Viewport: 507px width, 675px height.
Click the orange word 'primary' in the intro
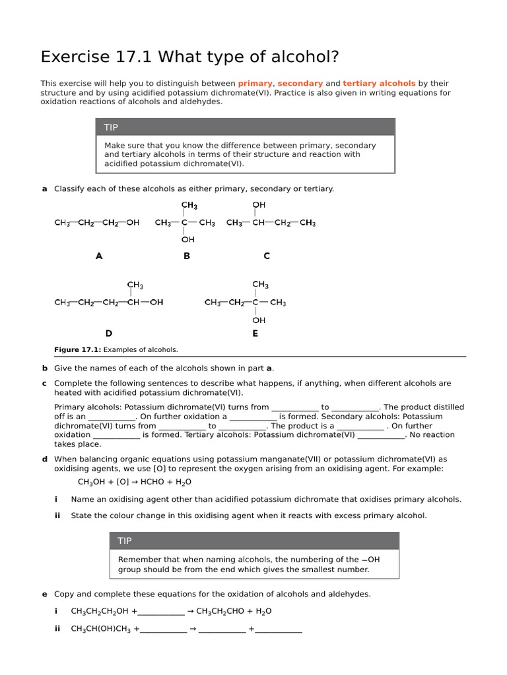(x=255, y=84)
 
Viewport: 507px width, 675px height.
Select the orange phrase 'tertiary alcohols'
(x=379, y=84)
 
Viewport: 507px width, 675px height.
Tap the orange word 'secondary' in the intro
(x=300, y=84)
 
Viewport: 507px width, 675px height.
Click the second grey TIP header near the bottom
(x=125, y=541)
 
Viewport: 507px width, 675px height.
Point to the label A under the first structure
(x=99, y=256)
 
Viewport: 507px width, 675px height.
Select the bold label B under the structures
(x=187, y=256)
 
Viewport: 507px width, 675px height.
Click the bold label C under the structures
(x=267, y=256)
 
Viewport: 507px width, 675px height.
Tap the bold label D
(x=109, y=334)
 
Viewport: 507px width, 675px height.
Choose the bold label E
(x=255, y=334)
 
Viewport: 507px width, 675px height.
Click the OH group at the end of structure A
(x=132, y=223)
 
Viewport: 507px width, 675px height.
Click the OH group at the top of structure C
(x=259, y=206)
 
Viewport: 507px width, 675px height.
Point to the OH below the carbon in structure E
(x=259, y=320)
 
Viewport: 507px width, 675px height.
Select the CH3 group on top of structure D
(x=135, y=285)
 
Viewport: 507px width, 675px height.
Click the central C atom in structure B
(x=185, y=223)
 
